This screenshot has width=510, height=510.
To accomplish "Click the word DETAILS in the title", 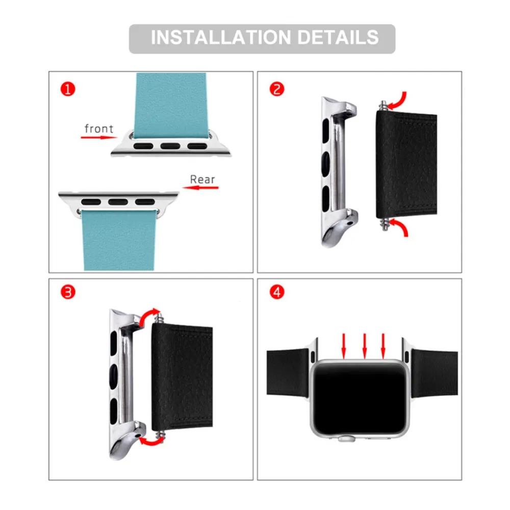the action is coord(338,37).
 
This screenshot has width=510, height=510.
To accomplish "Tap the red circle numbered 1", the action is coord(68,89).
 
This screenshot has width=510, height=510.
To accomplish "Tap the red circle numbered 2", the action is coord(277,89).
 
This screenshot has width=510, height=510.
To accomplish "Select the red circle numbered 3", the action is coord(68,292).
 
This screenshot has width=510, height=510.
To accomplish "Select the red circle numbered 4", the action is coord(277,292).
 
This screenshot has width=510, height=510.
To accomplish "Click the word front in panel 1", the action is coord(99,129).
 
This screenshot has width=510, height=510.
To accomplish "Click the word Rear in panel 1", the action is coord(202,179).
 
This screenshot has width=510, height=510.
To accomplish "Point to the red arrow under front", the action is coord(99,138).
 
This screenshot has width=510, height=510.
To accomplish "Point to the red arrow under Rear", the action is coord(200,188).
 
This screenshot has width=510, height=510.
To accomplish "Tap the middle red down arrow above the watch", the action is coord(364,346).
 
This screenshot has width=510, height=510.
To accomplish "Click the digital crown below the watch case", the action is coord(346,439).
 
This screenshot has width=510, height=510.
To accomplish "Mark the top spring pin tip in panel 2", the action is coord(384,103).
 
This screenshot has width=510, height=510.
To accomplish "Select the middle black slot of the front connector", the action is coord(170,146).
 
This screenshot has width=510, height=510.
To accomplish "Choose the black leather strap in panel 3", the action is coord(182,376).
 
